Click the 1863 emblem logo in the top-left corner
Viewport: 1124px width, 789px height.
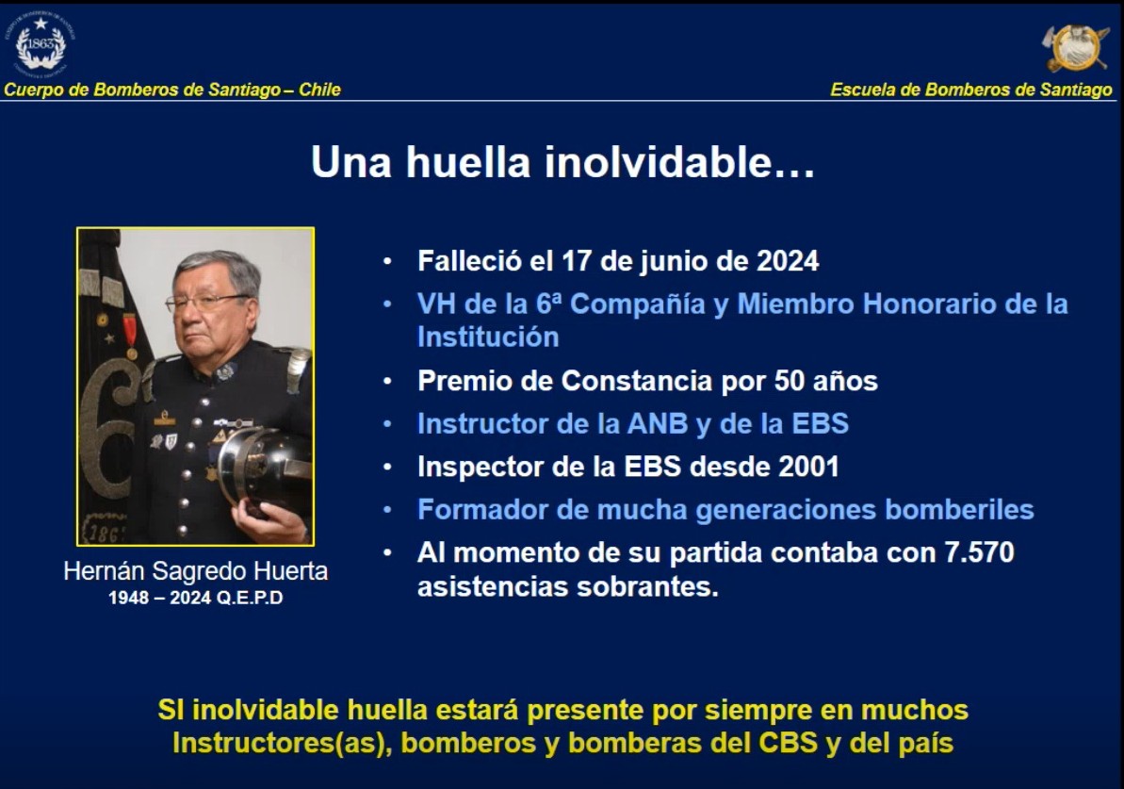[x=41, y=43]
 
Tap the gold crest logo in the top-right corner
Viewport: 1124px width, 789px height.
[x=1075, y=48]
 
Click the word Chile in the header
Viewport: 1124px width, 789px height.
[x=319, y=90]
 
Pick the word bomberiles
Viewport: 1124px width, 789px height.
[x=959, y=510]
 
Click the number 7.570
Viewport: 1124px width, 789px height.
[x=979, y=553]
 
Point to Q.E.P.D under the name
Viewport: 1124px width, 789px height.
[x=250, y=598]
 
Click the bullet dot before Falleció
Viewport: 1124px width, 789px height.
[x=387, y=261]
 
